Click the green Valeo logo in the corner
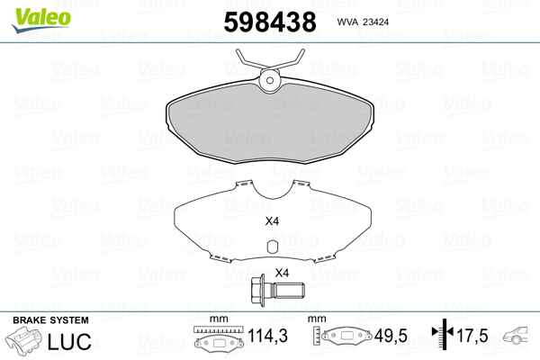click(41, 20)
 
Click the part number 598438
click(270, 22)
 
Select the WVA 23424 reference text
click(363, 22)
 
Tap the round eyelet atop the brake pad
click(270, 80)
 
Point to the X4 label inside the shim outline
click(272, 221)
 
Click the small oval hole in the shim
click(273, 247)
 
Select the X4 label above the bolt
click(282, 274)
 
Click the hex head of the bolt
click(258, 291)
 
